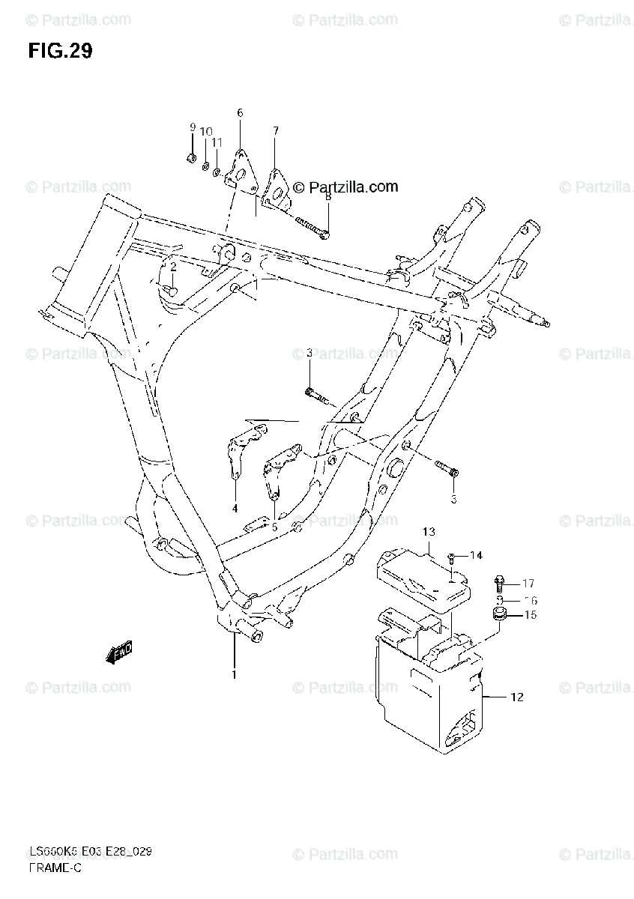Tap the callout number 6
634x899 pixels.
[x=240, y=113]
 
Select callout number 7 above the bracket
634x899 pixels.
[x=275, y=131]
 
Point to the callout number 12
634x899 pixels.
[x=517, y=697]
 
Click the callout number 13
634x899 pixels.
[x=428, y=533]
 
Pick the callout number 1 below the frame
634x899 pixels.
[x=234, y=675]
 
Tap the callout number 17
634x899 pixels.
[x=528, y=584]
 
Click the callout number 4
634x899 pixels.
[x=234, y=509]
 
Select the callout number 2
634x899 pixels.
[x=173, y=267]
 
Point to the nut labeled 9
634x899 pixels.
[x=191, y=157]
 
